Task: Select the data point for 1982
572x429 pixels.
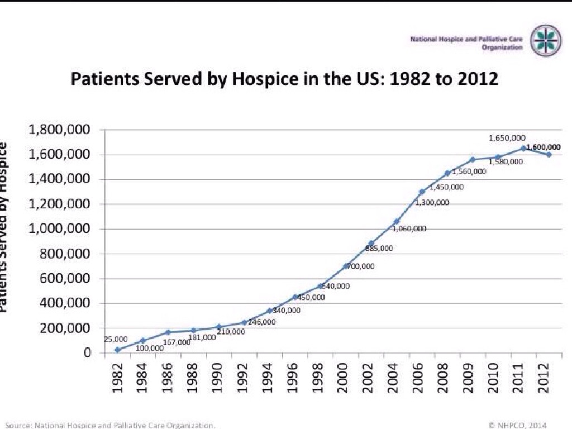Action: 117,350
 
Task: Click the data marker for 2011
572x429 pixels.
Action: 523,149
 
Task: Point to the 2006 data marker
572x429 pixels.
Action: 422,192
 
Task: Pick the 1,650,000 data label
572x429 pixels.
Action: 507,137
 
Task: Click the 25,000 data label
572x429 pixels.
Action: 116,339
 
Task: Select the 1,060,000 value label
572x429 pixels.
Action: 409,228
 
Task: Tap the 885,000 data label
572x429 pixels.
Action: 380,248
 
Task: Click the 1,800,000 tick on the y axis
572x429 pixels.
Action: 59,130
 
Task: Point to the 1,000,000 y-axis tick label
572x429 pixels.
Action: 59,229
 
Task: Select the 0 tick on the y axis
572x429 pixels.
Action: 87,353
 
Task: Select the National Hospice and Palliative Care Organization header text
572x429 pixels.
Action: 466,44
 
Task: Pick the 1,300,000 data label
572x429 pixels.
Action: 432,203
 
